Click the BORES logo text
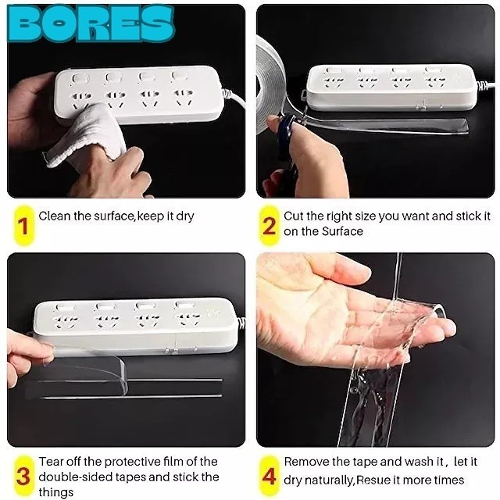point(91,23)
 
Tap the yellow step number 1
point(23,226)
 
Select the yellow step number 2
point(269,226)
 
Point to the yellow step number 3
point(23,476)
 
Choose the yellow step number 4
point(269,476)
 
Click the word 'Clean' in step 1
point(55,216)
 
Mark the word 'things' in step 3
point(55,492)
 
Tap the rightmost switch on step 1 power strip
point(177,76)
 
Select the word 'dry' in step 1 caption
point(185,216)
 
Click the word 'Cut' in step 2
point(294,216)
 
